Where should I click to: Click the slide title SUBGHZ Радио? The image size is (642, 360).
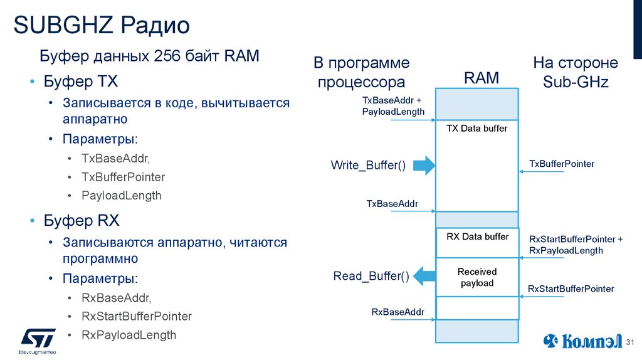pyautogui.click(x=102, y=26)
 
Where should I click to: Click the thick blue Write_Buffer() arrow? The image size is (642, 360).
pyautogui.click(x=424, y=166)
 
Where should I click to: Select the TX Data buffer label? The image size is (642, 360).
pyautogui.click(x=476, y=129)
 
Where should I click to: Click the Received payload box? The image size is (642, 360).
pyautogui.click(x=477, y=277)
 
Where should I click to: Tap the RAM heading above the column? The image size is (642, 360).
pyautogui.click(x=481, y=78)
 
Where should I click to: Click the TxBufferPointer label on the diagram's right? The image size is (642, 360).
pyautogui.click(x=562, y=164)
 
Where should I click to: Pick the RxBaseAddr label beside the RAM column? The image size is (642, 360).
pyautogui.click(x=397, y=312)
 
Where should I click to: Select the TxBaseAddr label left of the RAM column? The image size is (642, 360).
pyautogui.click(x=392, y=204)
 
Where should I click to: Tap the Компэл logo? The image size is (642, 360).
pyautogui.click(x=583, y=341)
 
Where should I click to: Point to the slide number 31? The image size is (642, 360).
pyautogui.click(x=631, y=342)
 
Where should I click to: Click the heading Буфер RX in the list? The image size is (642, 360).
pyautogui.click(x=81, y=221)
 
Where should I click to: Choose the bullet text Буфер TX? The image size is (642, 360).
pyautogui.click(x=80, y=82)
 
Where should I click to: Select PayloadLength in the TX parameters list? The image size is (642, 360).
pyautogui.click(x=121, y=196)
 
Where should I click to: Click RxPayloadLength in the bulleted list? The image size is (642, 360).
pyautogui.click(x=129, y=335)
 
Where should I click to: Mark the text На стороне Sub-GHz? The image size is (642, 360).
pyautogui.click(x=576, y=72)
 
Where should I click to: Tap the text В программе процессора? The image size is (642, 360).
pyautogui.click(x=361, y=72)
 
